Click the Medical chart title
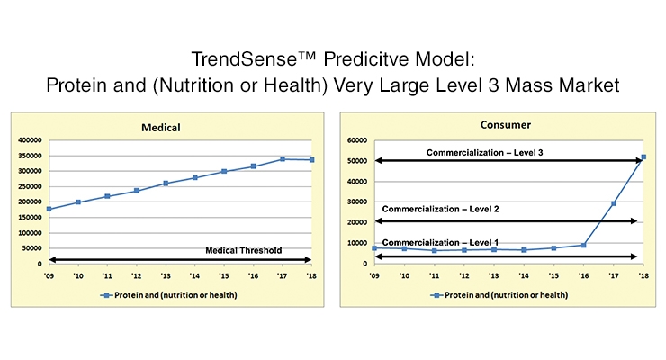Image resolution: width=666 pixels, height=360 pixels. pyautogui.click(x=160, y=128)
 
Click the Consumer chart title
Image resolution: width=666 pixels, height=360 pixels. pyautogui.click(x=506, y=125)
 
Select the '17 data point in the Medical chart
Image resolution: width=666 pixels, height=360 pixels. pyautogui.click(x=283, y=159)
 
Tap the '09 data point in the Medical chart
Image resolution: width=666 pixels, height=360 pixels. pyautogui.click(x=49, y=209)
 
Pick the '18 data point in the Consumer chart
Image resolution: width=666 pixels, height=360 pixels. pyautogui.click(x=643, y=157)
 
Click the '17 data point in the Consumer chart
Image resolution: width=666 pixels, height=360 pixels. pyautogui.click(x=613, y=203)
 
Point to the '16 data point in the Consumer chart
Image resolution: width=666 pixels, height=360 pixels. pyautogui.click(x=583, y=245)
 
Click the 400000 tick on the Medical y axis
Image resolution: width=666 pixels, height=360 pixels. pyautogui.click(x=30, y=140)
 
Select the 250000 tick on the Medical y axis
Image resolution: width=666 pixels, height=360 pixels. pyautogui.click(x=30, y=187)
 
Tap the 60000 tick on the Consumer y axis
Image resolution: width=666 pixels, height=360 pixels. pyautogui.click(x=357, y=140)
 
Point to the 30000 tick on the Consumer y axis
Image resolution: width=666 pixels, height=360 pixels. pyautogui.click(x=357, y=202)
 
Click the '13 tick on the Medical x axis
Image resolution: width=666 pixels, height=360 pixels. pyautogui.click(x=166, y=276)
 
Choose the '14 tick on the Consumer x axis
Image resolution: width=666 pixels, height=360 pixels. pyautogui.click(x=524, y=276)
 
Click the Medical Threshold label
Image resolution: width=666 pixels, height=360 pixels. pyautogui.click(x=243, y=250)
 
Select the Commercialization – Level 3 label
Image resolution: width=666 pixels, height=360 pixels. pyautogui.click(x=484, y=152)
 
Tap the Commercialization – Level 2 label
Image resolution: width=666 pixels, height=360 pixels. pyautogui.click(x=440, y=209)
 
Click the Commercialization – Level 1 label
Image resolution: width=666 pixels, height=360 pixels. pyautogui.click(x=440, y=242)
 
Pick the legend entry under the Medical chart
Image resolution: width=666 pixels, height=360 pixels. pyautogui.click(x=168, y=295)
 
